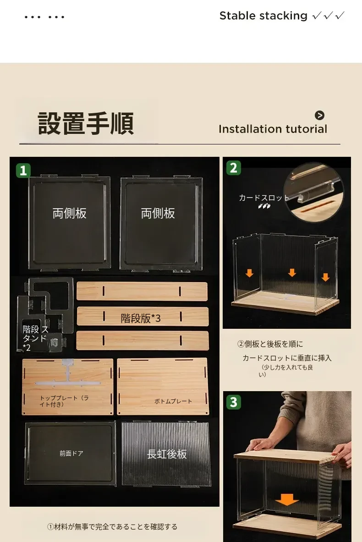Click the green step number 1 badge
coord(23,171)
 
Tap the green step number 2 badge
coord(234,168)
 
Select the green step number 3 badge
coord(234,402)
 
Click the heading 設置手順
coord(86,123)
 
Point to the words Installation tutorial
coord(273,129)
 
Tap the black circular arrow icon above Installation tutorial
coord(319,115)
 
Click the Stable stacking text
coord(263,16)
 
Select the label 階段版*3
coord(141,318)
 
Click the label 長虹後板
coord(167,454)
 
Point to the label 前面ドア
coord(71,453)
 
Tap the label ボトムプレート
coord(173,401)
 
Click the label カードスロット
coord(264,198)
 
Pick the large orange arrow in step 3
coord(287,499)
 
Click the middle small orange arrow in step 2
coord(292,272)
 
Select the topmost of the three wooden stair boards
coord(142,291)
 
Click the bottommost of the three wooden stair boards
coord(143,341)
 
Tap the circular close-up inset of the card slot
coord(313,192)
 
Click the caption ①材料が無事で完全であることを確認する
coord(112,526)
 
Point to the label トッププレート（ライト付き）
coord(64,401)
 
